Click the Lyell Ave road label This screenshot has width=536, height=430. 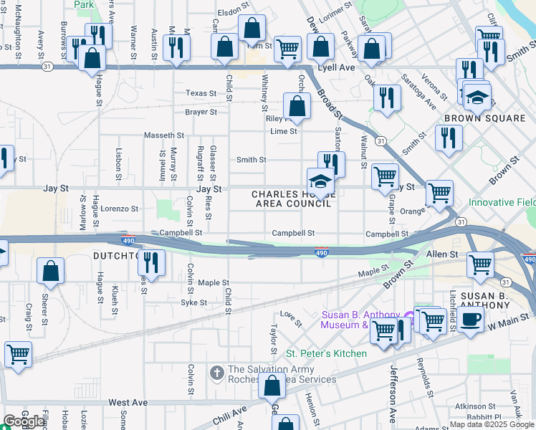(338, 67)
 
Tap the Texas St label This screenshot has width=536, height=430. (201, 93)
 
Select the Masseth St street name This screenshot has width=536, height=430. (164, 135)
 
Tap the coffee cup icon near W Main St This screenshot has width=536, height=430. (471, 320)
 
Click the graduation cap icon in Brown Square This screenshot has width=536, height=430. (477, 96)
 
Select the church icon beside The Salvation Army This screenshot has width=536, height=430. (217, 373)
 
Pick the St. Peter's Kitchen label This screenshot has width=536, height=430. (327, 353)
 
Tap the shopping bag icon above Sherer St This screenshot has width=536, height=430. (51, 271)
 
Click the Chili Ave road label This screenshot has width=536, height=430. (229, 416)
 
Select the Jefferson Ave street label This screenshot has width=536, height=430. (393, 393)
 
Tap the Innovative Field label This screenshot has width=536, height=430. (502, 203)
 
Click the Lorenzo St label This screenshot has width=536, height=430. (119, 209)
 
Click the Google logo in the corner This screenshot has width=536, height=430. (24, 421)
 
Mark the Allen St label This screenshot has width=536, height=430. (442, 254)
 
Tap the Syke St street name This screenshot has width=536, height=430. (193, 302)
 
